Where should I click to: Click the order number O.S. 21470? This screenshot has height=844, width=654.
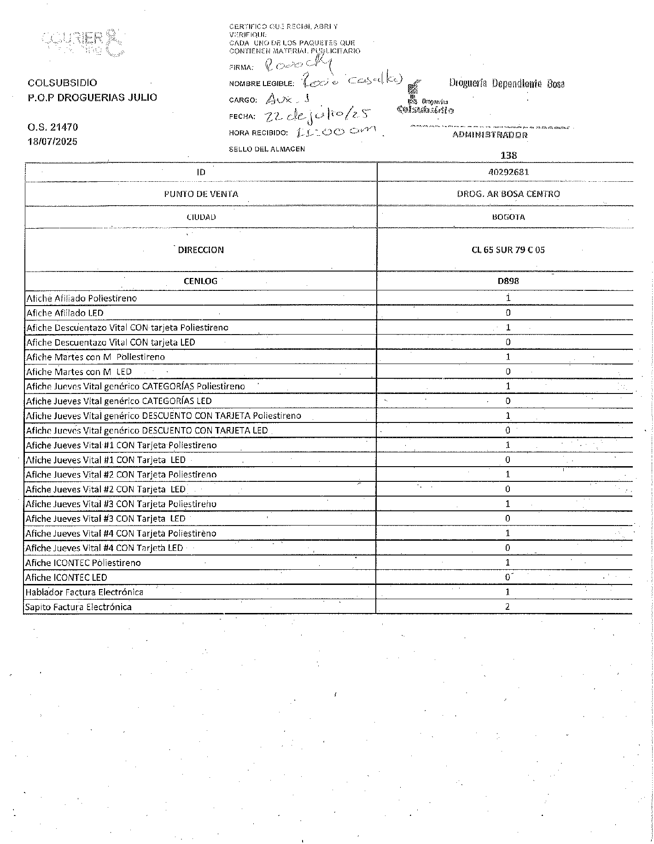coord(53,127)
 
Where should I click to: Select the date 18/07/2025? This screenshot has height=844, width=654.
coord(53,141)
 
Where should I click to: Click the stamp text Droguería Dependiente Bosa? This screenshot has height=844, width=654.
coord(507,84)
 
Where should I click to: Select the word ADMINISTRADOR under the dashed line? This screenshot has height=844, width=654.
coord(490,135)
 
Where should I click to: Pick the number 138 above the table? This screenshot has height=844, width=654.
coord(508,156)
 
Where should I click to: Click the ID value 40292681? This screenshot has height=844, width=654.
coord(508,172)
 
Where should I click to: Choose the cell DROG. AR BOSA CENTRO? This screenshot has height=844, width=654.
coord(508,194)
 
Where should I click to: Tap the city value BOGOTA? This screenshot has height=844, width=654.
coord(508,217)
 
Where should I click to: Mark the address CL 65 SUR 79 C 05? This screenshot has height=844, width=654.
coord(508,250)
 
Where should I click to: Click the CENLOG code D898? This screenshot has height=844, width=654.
coord(508,281)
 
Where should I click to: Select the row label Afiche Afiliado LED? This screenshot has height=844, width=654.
coord(65,313)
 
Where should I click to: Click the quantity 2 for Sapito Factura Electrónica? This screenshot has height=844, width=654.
coord(508,607)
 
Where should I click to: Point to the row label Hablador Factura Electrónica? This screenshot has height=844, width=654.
coord(84,592)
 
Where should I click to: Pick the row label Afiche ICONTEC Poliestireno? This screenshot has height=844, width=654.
coord(83,562)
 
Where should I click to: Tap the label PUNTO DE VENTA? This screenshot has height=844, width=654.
coord(201,194)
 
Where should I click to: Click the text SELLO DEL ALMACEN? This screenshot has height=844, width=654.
coord(267,149)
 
